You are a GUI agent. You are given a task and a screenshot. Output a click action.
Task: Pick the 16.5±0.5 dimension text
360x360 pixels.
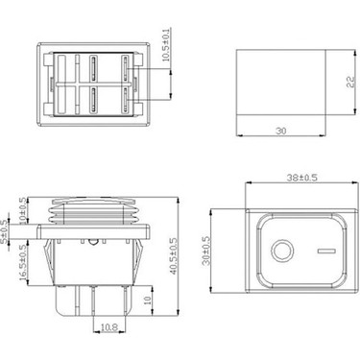click(x=23, y=259)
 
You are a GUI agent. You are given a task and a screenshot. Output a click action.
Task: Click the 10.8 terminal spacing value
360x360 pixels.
click(x=108, y=326)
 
